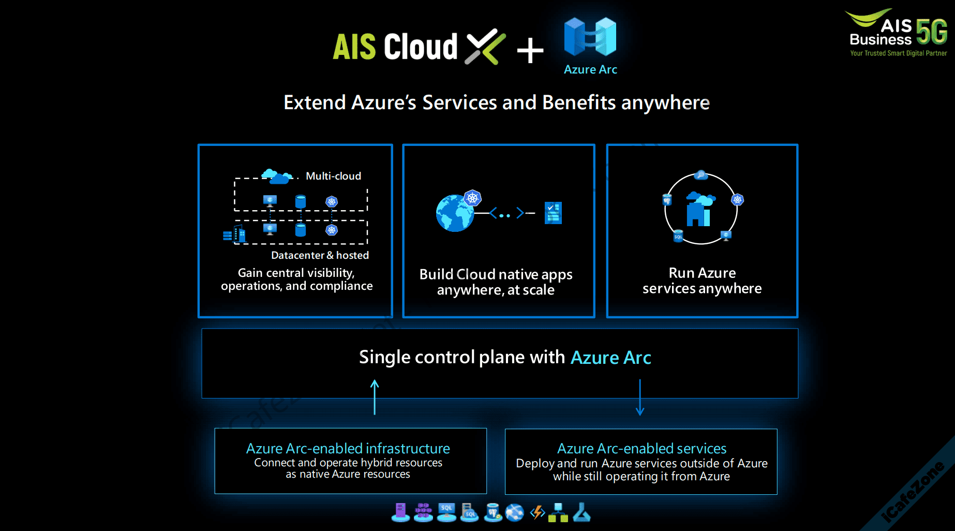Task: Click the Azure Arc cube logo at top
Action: [x=590, y=37]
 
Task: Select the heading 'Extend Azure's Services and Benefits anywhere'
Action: [x=496, y=102]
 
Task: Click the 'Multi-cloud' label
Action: [x=333, y=176]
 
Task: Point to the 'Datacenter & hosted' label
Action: [x=320, y=255]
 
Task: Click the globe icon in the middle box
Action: [x=455, y=213]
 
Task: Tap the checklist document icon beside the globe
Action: [x=553, y=213]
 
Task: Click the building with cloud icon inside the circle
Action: [x=699, y=210]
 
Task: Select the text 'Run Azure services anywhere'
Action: [x=702, y=281]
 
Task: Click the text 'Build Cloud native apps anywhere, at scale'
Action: [x=496, y=282]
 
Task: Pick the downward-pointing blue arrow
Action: [x=640, y=397]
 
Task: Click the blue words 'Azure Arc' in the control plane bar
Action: [x=610, y=358]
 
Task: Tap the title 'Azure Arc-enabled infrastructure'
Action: [x=348, y=448]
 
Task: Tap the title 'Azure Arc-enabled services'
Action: [x=641, y=448]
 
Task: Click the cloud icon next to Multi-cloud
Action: [x=277, y=176]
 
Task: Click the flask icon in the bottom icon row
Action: [x=581, y=512]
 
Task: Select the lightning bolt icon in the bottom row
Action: [x=538, y=512]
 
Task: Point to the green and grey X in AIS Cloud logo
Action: [x=485, y=47]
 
